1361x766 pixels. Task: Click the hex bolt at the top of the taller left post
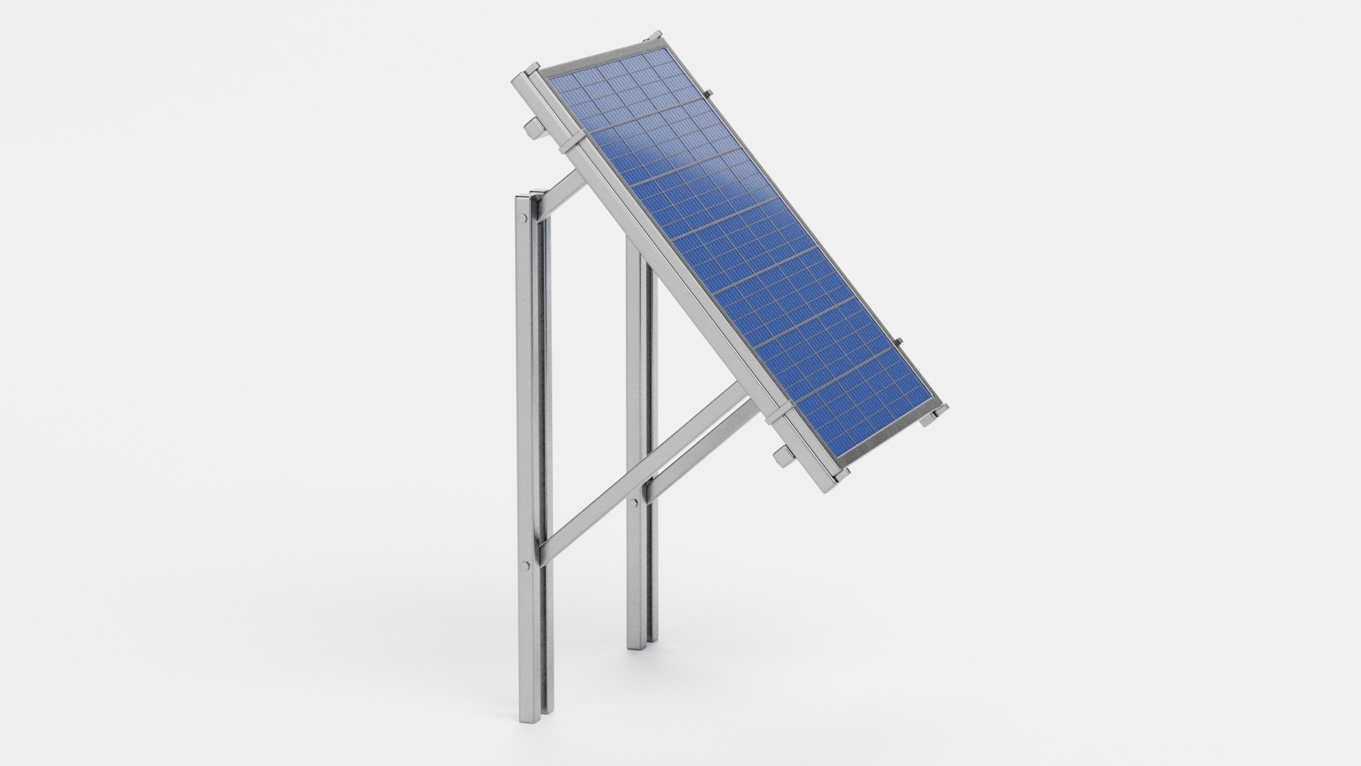[x=523, y=218]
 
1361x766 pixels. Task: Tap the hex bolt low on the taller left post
[x=525, y=565]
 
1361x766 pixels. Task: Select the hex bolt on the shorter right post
[x=635, y=501]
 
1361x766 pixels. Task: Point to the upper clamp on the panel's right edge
[x=706, y=92]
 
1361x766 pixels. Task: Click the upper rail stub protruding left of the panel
[x=531, y=128]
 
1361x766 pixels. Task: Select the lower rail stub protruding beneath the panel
[x=784, y=455]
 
